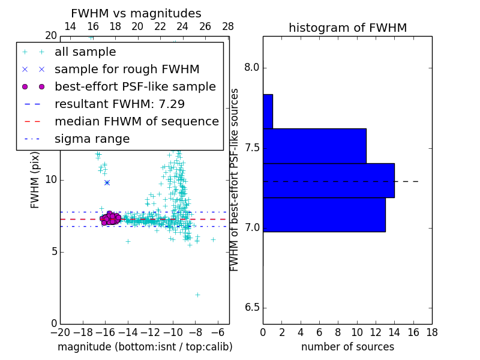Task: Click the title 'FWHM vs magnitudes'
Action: point(136,13)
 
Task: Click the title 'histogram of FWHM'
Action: point(347,28)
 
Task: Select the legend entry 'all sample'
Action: point(85,52)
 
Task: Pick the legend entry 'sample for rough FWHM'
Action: point(127,69)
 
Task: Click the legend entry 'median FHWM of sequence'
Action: point(136,121)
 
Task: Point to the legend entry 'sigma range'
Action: point(92,139)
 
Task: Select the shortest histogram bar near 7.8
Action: point(268,112)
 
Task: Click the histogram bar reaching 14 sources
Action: point(328,180)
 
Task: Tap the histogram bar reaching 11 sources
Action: point(314,146)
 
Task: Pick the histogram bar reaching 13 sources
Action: point(324,214)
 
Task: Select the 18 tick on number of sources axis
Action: point(431,332)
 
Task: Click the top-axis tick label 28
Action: point(228,26)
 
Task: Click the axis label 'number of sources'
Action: point(347,347)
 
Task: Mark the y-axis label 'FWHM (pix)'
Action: point(35,180)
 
